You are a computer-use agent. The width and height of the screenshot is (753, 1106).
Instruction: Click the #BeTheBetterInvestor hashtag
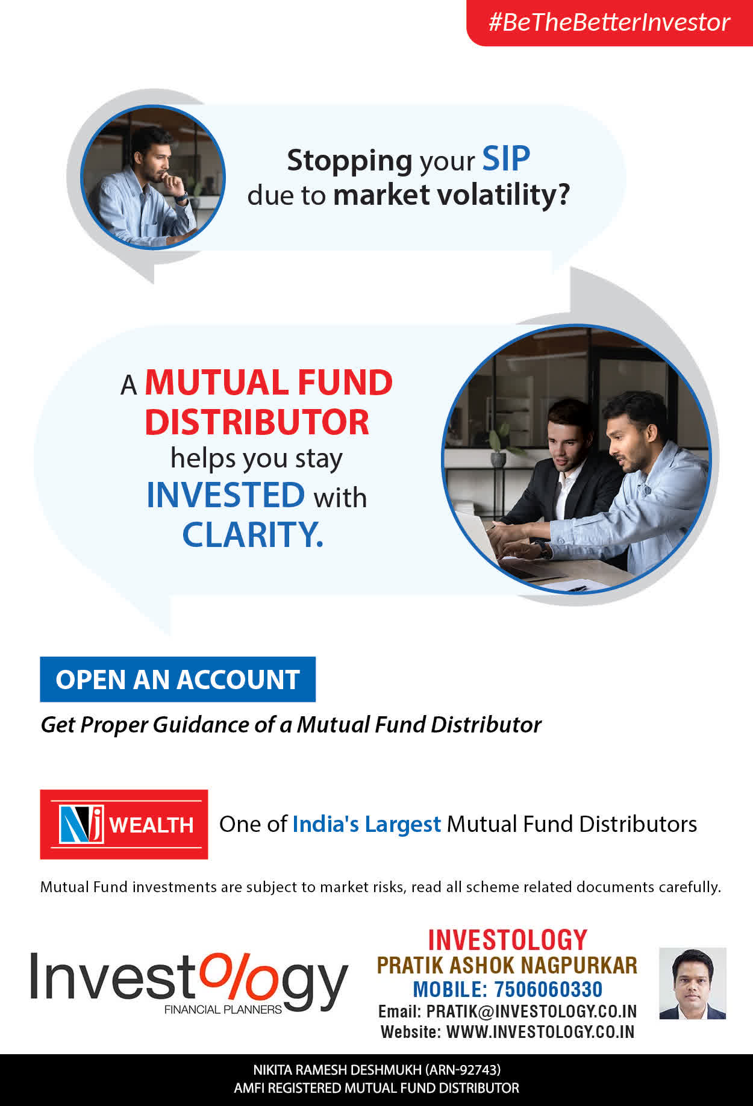click(x=609, y=22)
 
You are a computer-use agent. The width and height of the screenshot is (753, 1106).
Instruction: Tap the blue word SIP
click(x=506, y=159)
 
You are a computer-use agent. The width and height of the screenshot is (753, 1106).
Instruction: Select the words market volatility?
click(x=451, y=195)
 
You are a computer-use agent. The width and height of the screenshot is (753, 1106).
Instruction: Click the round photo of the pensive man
click(x=153, y=177)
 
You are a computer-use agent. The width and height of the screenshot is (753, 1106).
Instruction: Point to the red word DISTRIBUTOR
click(x=257, y=422)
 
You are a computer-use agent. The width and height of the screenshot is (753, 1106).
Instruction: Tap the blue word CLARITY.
click(x=253, y=534)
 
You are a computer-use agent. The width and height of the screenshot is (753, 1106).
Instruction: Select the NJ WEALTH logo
click(x=124, y=824)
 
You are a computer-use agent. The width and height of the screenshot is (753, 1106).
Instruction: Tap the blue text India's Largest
click(x=366, y=824)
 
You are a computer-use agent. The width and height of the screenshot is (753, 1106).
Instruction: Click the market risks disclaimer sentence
click(x=380, y=887)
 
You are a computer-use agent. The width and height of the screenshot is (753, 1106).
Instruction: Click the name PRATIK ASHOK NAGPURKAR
click(x=507, y=965)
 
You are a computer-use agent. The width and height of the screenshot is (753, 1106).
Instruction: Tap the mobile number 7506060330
click(x=548, y=989)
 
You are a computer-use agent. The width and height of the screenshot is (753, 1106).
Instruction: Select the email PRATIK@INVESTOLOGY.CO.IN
click(x=531, y=1011)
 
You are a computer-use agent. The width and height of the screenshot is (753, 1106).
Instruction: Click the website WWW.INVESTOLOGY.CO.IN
click(x=540, y=1032)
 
